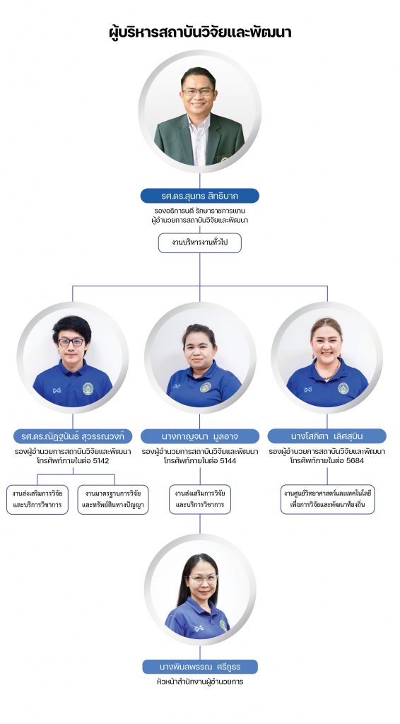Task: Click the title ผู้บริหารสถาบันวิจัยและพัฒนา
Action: (x=200, y=33)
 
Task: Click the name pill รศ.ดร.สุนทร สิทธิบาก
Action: (x=200, y=196)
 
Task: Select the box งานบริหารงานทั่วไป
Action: (x=200, y=243)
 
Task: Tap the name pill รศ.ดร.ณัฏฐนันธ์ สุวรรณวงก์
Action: (x=73, y=436)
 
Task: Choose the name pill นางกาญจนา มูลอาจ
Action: (x=200, y=436)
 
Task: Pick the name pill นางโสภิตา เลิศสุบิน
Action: (x=327, y=436)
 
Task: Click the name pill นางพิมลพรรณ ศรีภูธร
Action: (x=200, y=667)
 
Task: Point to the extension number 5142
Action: (x=100, y=460)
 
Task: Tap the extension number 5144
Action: (x=227, y=460)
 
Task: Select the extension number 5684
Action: (x=354, y=460)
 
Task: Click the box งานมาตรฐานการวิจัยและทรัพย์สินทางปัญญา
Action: (x=113, y=499)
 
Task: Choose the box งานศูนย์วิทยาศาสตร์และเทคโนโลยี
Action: (x=328, y=499)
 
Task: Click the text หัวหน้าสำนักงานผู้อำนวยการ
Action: (x=200, y=682)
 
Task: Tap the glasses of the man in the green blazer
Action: (x=199, y=92)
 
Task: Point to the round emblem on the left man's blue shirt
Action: (x=88, y=389)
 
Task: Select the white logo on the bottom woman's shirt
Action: (x=199, y=628)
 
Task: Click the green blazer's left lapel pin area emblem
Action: (x=224, y=160)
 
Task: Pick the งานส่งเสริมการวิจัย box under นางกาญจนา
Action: (x=200, y=499)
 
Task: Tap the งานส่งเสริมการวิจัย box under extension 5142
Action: (x=37, y=499)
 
